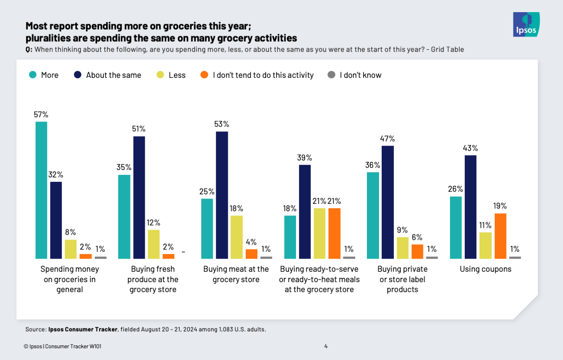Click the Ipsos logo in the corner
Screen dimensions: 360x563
tap(526, 25)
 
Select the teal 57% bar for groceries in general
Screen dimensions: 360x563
tap(41, 190)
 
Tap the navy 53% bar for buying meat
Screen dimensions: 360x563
tap(222, 195)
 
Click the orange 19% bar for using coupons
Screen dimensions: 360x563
tap(500, 236)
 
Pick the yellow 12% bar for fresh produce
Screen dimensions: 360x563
tap(153, 244)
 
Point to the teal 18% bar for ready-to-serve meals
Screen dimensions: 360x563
tap(290, 237)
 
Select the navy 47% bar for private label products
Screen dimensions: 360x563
tap(388, 202)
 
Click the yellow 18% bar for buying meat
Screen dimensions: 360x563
tap(237, 237)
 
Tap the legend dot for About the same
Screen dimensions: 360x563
tap(78, 75)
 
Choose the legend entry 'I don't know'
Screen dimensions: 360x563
tap(360, 75)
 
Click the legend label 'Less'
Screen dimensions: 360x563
tap(177, 75)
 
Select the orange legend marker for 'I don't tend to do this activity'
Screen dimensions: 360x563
tap(204, 75)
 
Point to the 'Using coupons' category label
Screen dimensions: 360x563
tap(486, 269)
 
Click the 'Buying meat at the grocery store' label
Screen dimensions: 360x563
tap(236, 274)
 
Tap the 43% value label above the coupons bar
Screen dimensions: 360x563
tap(470, 148)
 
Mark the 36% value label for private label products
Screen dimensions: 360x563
tap(373, 165)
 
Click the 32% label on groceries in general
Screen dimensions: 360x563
tap(56, 174)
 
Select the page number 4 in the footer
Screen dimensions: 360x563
tap(326, 346)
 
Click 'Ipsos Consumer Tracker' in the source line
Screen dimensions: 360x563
tap(83, 329)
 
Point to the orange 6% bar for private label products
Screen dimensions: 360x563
tap(417, 251)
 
